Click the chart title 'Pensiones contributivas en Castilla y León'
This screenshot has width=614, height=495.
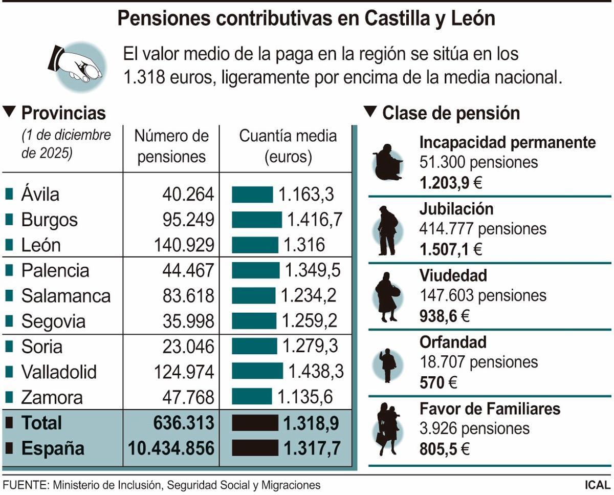pyautogui.click(x=306, y=19)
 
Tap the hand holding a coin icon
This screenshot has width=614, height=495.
pyautogui.click(x=77, y=65)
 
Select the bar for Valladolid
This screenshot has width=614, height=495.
pyautogui.click(x=257, y=371)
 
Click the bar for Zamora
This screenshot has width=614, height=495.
pyautogui.click(x=252, y=397)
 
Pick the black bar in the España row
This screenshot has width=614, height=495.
pyautogui.click(x=255, y=448)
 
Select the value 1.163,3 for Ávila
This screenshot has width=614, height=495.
pyautogui.click(x=306, y=195)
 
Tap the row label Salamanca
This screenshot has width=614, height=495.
pyautogui.click(x=65, y=296)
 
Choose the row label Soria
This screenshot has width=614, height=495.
pyautogui.click(x=41, y=347)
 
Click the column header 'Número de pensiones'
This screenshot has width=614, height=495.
pyautogui.click(x=171, y=146)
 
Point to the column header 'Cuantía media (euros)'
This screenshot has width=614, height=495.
pyautogui.click(x=288, y=146)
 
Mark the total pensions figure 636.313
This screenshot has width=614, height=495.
pyautogui.click(x=183, y=423)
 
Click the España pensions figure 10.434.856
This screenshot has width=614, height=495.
pyautogui.click(x=171, y=448)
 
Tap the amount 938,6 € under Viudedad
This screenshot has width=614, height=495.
pyautogui.click(x=444, y=316)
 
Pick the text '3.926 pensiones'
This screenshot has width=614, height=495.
pyautogui.click(x=474, y=428)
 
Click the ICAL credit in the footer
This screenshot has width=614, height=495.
pyautogui.click(x=598, y=485)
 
